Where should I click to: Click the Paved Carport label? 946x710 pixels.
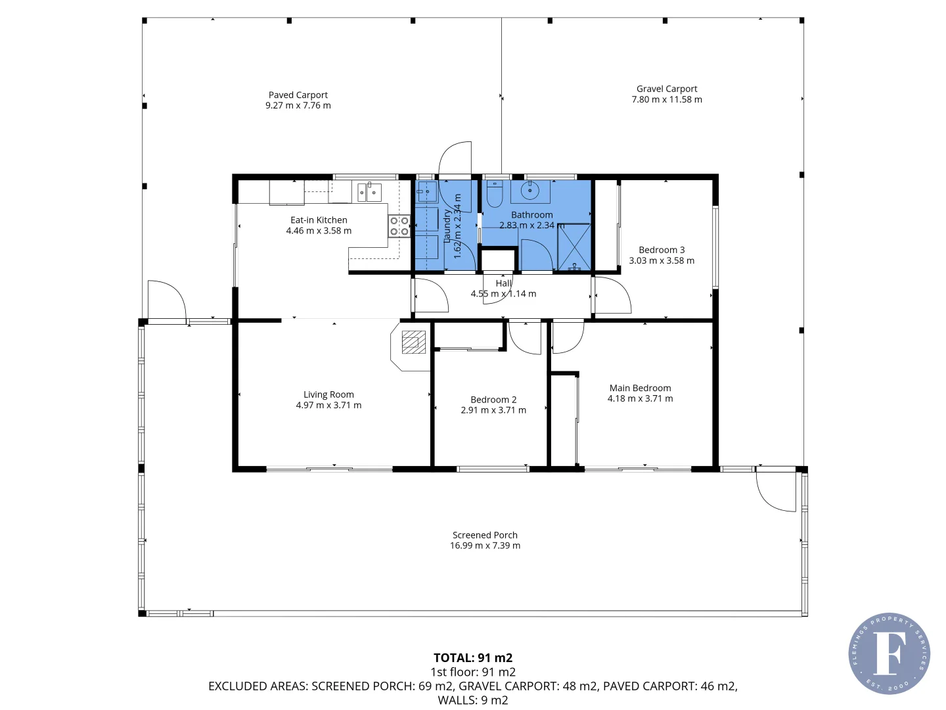(x=298, y=95)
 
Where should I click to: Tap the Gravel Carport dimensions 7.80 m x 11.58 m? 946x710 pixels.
(x=666, y=100)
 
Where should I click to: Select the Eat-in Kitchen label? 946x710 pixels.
(x=319, y=220)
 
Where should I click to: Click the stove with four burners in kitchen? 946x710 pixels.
(x=399, y=226)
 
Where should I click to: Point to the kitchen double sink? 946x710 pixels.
(x=369, y=192)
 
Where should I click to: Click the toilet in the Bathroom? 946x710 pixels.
(x=494, y=195)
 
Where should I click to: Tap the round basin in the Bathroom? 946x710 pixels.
(x=529, y=191)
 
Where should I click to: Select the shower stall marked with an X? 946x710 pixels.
(x=574, y=247)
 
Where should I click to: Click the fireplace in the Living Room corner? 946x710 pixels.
(x=413, y=343)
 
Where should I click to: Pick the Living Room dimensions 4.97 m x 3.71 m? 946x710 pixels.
(x=328, y=406)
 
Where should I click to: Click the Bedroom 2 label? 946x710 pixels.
(x=493, y=400)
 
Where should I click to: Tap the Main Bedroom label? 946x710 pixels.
(x=640, y=389)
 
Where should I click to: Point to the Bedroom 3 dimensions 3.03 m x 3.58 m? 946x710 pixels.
(x=661, y=261)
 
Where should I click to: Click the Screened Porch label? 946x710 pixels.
(x=485, y=535)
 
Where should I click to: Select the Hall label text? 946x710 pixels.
(x=503, y=283)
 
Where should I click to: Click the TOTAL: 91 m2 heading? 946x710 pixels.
(x=472, y=657)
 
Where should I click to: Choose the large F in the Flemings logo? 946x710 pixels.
(x=888, y=653)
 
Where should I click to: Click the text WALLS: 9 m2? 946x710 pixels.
(x=472, y=700)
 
